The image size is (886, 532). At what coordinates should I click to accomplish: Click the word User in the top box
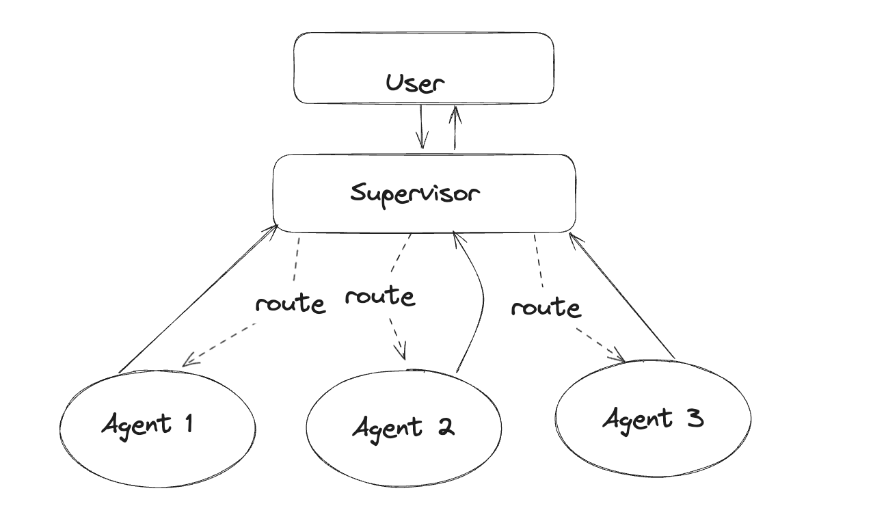415,83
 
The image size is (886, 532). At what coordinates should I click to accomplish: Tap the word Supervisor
415,193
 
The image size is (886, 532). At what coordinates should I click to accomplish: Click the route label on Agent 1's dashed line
290,303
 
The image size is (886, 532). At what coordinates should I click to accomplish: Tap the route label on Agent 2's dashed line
379,297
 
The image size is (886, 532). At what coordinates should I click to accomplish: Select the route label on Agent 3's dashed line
546,308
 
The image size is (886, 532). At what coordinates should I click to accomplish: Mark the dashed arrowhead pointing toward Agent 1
189,360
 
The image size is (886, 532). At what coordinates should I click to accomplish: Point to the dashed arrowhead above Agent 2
402,353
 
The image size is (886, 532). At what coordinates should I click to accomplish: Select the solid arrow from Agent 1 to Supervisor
198,300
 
